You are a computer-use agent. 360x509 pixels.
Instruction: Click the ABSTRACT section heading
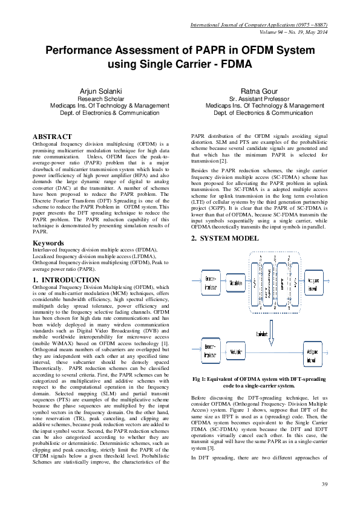tap(52, 137)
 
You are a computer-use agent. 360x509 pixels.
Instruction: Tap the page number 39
tap(325, 484)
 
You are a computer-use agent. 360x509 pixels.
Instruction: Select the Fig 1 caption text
tap(258, 382)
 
